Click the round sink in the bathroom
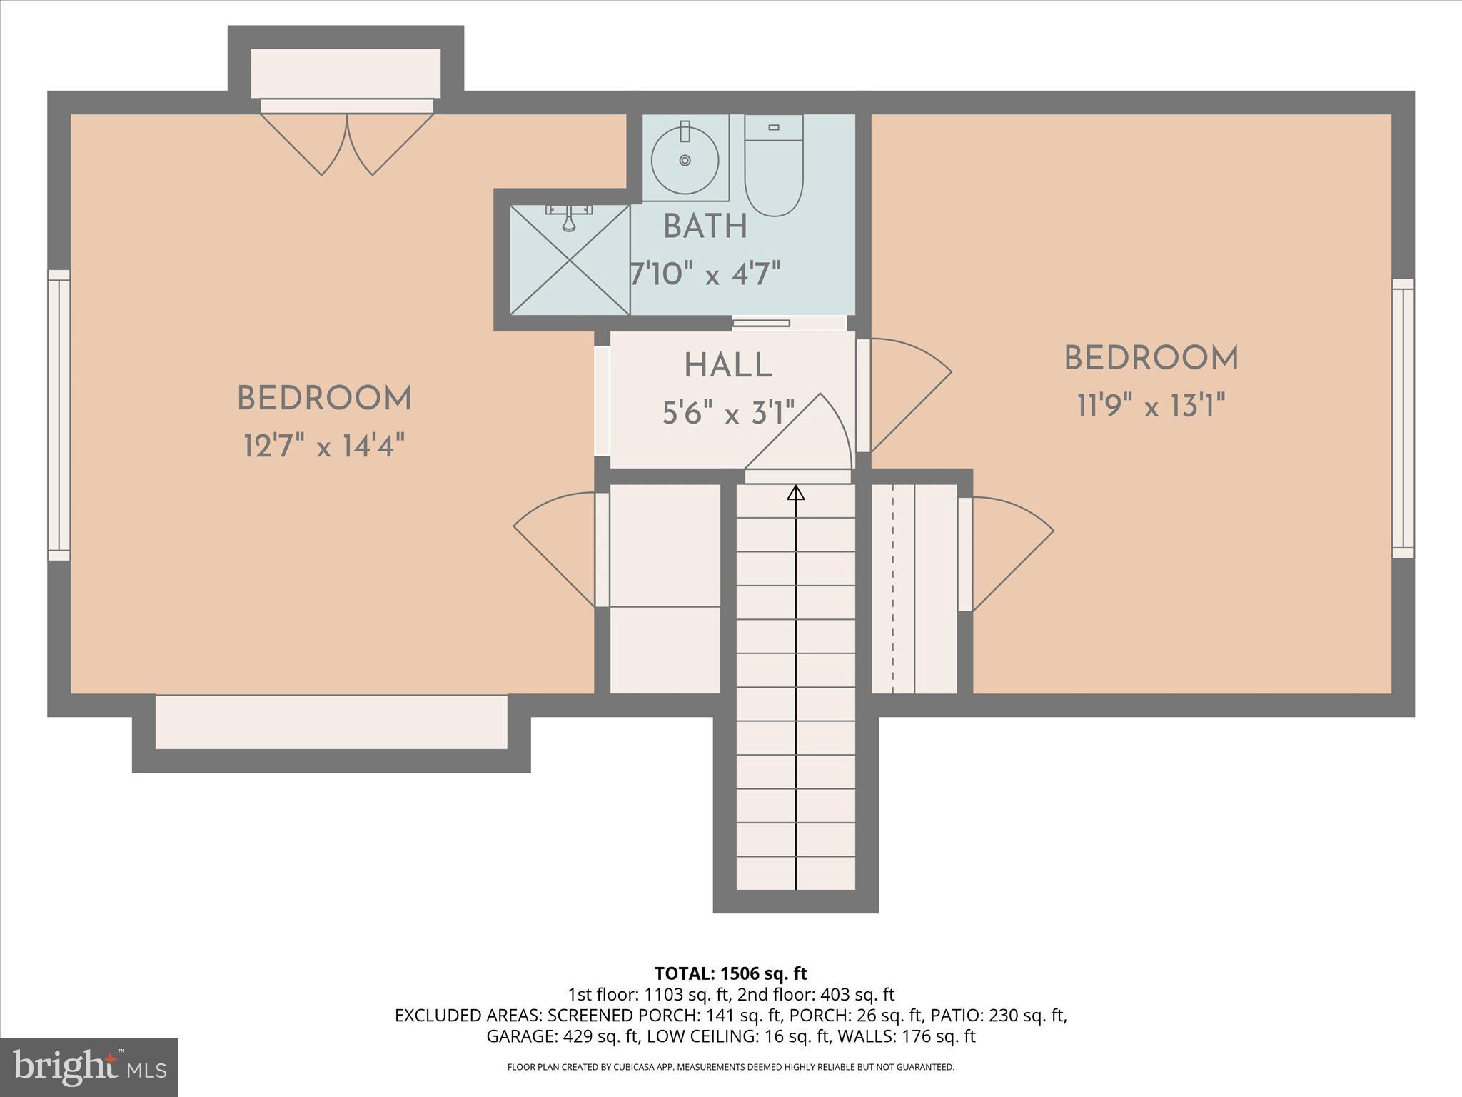coord(685,160)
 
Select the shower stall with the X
coord(570,260)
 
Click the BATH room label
coord(705,227)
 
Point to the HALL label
coord(728,366)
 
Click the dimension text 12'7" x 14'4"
coord(324,448)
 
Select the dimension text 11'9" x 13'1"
coord(1151,407)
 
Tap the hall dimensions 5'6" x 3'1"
coord(728,413)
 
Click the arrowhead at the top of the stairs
coord(796,493)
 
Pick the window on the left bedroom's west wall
coord(59,415)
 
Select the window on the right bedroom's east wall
coord(1403,418)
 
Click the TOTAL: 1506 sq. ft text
coord(730,973)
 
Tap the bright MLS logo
coord(89,1067)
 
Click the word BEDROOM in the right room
coord(1151,359)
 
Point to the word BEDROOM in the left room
coord(324,399)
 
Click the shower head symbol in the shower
coord(569,218)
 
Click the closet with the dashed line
coord(914,588)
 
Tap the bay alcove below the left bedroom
coord(331,722)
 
